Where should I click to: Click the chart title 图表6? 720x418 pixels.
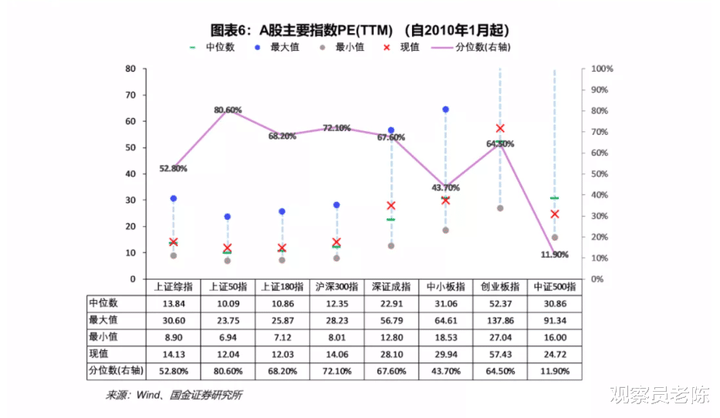click(360, 30)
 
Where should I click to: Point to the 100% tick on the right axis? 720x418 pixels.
click(602, 69)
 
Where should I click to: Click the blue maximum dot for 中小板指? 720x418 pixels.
click(445, 110)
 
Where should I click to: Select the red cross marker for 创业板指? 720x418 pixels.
click(500, 128)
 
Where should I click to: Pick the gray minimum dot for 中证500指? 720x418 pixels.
click(554, 237)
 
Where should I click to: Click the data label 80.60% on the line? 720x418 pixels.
click(228, 110)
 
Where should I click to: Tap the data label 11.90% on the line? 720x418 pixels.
click(554, 255)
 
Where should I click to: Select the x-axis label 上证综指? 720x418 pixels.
click(173, 286)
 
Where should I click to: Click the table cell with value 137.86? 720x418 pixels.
click(500, 319)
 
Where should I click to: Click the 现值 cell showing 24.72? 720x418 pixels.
click(554, 353)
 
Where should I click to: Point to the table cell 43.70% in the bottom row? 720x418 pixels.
click(445, 371)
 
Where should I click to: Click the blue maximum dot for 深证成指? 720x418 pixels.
click(391, 130)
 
